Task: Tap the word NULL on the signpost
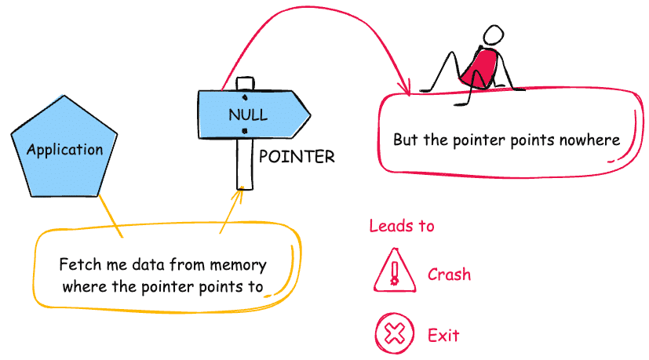pos(247,115)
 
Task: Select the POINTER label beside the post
pos(297,157)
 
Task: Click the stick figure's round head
pos(493,36)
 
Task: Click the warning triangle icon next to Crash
pos(394,271)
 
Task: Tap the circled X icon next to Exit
pos(394,335)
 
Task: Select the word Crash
pos(449,275)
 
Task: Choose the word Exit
pos(443,336)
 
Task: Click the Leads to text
pos(402,226)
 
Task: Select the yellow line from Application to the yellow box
pos(109,213)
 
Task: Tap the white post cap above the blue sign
pos(245,83)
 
